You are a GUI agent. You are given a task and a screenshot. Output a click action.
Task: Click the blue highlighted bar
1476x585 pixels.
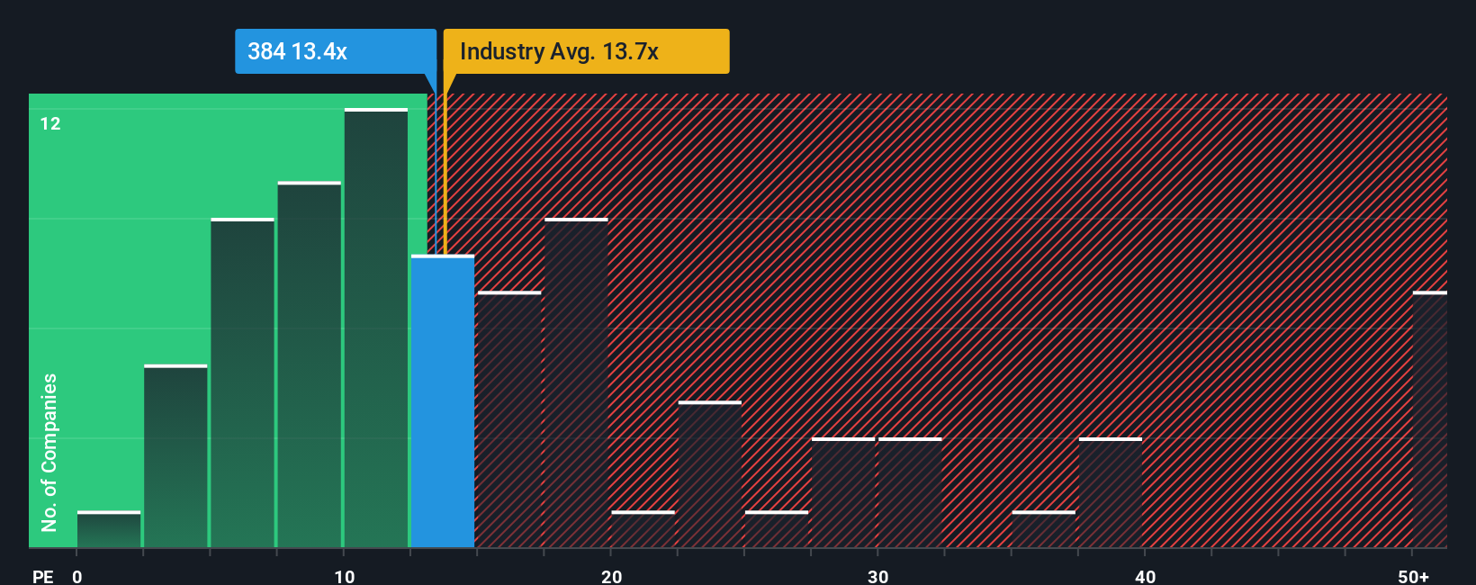point(443,402)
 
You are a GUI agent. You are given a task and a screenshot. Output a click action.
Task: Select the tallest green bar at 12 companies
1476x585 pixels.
point(376,328)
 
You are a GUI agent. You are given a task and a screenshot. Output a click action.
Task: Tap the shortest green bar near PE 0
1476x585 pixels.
point(109,530)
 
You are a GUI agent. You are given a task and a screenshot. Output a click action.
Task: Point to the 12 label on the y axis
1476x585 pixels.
point(50,124)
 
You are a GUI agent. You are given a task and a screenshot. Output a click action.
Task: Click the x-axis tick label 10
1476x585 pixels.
point(345,576)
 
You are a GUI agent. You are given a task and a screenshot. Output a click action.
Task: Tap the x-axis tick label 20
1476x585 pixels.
point(611,576)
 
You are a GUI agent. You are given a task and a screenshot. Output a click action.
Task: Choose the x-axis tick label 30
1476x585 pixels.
point(878,576)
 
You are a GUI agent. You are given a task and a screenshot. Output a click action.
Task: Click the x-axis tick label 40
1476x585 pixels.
point(1145,576)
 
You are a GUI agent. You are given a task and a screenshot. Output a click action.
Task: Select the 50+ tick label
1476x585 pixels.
point(1413,576)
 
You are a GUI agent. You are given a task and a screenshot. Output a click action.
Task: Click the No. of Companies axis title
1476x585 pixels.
point(49,452)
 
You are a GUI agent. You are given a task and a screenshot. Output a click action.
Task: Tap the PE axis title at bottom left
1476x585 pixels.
point(42,576)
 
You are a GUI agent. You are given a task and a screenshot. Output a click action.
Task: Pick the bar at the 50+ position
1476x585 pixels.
point(1430,420)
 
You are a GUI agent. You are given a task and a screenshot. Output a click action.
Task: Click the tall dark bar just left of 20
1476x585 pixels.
point(576,383)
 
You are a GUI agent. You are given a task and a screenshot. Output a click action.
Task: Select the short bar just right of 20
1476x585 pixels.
point(643,530)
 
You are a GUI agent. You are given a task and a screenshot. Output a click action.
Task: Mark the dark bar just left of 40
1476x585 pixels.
point(1111,493)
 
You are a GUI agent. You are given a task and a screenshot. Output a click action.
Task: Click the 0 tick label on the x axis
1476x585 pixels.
point(77,576)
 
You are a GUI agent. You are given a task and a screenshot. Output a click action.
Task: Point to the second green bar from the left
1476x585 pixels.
point(175,456)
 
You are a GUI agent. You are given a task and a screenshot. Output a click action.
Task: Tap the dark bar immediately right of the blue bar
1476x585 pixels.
point(509,420)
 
